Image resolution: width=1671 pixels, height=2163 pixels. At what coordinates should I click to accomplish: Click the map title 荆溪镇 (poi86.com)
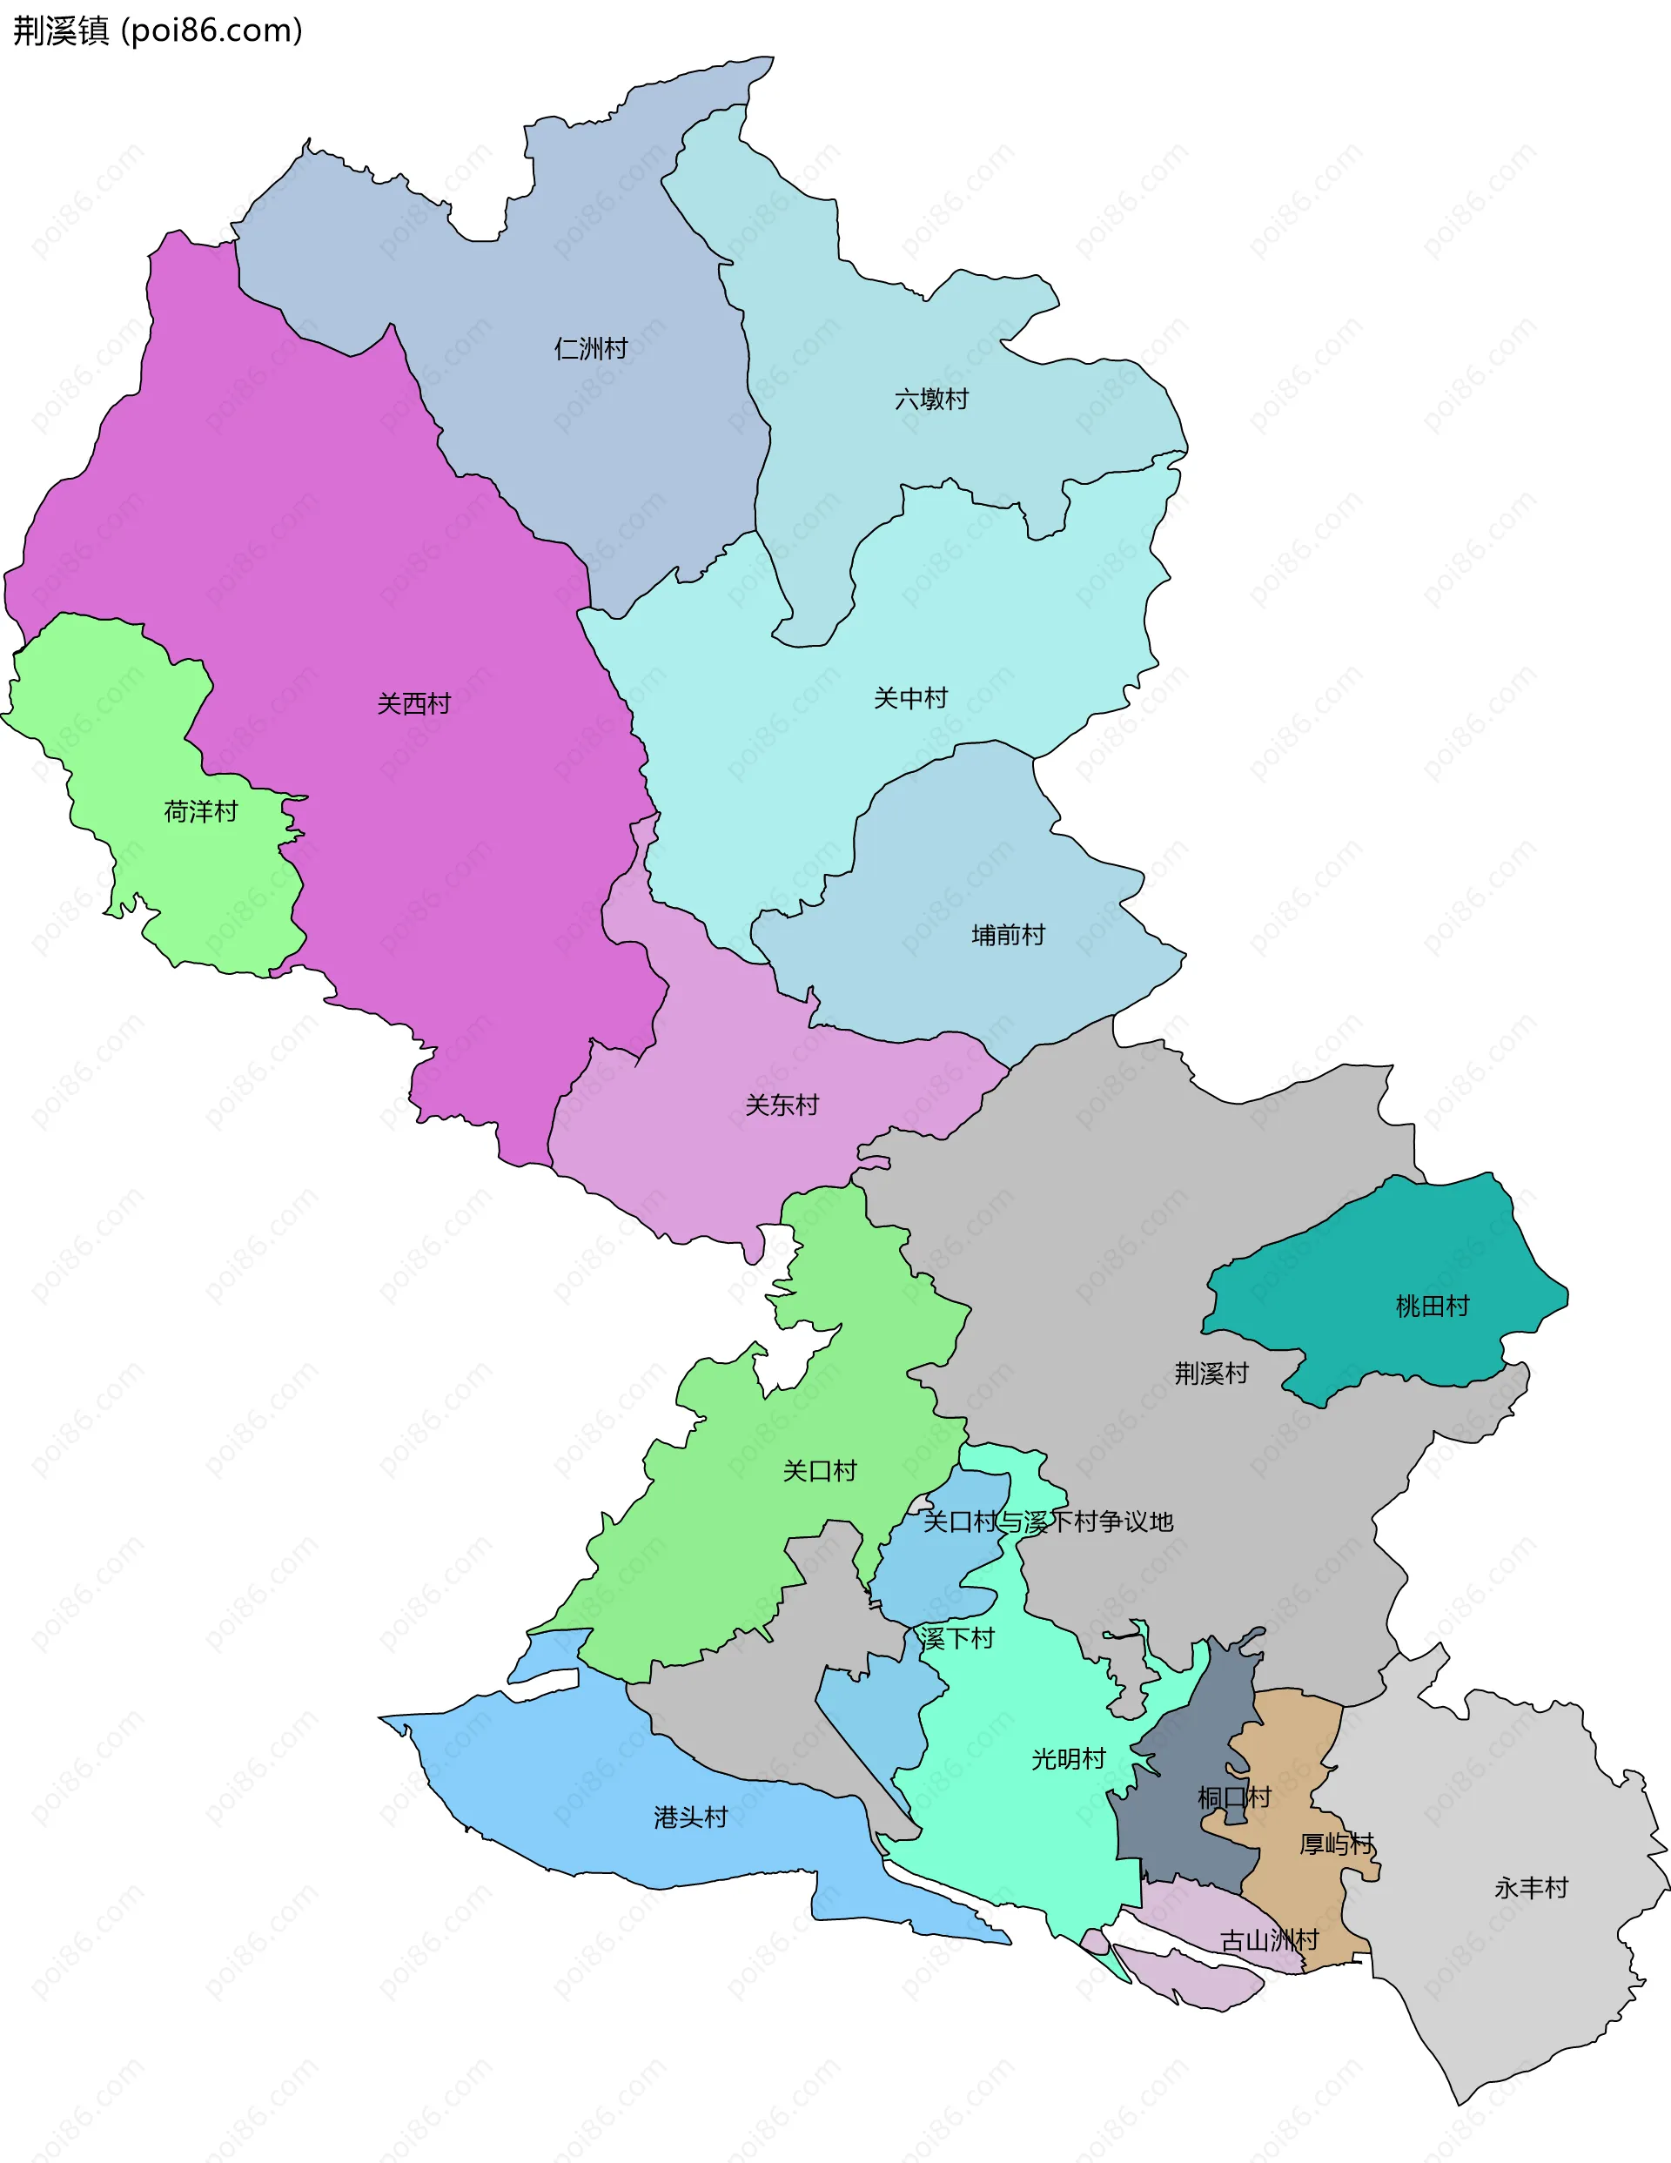[x=157, y=30]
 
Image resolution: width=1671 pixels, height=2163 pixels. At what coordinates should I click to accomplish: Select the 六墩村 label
[x=931, y=400]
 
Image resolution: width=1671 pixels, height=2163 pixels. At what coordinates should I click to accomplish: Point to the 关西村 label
[x=414, y=703]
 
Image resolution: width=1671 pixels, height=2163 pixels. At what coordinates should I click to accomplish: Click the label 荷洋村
[x=201, y=812]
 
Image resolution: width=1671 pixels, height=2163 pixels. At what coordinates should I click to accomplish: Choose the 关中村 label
[x=910, y=698]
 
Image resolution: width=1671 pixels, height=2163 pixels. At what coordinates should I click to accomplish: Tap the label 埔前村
[x=1009, y=935]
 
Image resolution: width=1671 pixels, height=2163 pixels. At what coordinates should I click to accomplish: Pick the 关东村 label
[x=782, y=1105]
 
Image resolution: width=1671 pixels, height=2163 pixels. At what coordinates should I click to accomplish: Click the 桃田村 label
[x=1433, y=1307]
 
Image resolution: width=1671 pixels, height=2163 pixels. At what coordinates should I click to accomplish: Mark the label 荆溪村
[x=1211, y=1373]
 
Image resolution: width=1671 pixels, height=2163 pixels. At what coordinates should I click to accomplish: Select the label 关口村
[x=820, y=1471]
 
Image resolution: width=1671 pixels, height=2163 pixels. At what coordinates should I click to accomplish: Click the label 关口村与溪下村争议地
[x=1048, y=1521]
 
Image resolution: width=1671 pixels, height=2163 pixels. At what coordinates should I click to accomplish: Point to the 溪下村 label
[x=956, y=1638]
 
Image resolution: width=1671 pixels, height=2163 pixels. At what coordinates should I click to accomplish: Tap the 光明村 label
[x=1069, y=1759]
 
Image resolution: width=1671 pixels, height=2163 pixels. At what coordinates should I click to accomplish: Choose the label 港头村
[x=691, y=1817]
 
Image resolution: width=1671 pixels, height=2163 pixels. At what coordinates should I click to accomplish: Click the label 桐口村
[x=1234, y=1797]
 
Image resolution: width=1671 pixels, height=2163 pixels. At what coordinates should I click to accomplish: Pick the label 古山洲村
[x=1269, y=1940]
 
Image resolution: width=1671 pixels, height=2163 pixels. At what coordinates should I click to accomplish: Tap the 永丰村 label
[x=1532, y=1888]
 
